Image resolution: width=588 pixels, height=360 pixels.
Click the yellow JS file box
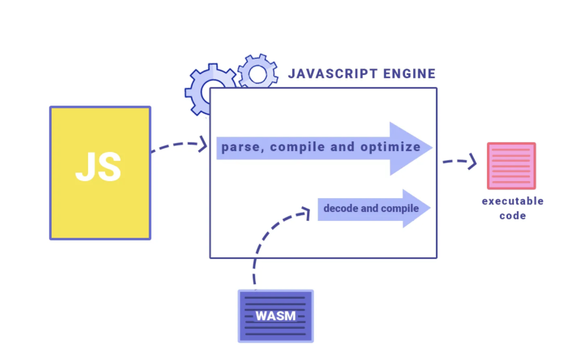pos(100,173)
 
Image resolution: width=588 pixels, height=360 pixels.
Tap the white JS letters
pos(98,167)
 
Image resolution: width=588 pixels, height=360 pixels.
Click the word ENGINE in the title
pos(410,73)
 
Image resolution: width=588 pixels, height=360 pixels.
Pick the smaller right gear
pos(258,71)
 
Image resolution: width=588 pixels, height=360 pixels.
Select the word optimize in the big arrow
pos(390,147)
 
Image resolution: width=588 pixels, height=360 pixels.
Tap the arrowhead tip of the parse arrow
pos(431,148)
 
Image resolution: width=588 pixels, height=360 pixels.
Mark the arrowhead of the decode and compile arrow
pos(416,208)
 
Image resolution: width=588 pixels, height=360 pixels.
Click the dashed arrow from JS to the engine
pos(179,144)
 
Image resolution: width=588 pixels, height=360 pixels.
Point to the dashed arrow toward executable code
pos(460,161)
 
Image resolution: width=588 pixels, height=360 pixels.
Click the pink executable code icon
pos(511,166)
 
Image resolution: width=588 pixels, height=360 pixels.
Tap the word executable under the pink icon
pos(513,201)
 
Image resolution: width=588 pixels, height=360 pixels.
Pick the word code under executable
pos(513,216)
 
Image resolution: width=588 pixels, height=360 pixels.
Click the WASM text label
pos(276,316)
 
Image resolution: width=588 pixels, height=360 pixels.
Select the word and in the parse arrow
pos(342,146)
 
